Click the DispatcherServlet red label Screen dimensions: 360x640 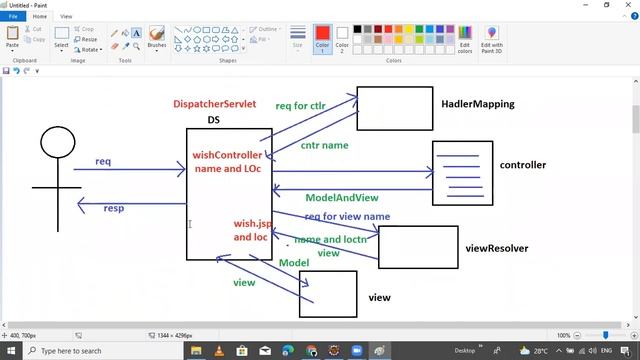[x=215, y=104]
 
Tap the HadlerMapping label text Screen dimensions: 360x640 [x=477, y=103]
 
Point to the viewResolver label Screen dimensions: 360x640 [x=496, y=248]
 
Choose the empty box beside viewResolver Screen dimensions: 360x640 [x=418, y=247]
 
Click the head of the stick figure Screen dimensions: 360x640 [x=56, y=142]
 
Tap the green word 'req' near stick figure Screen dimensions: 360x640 [x=103, y=161]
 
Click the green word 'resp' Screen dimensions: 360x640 [x=114, y=208]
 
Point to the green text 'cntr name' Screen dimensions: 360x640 [x=324, y=145]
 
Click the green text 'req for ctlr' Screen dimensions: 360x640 [x=300, y=105]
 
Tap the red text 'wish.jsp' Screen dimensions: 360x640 [x=253, y=224]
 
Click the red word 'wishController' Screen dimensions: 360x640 [x=228, y=155]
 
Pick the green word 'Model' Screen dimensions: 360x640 [x=294, y=262]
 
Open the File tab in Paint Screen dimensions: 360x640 [x=14, y=17]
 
